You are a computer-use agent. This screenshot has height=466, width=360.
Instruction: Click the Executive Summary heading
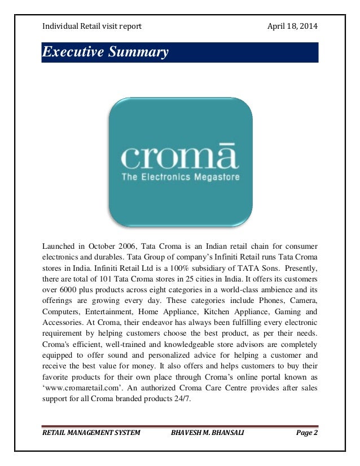(106, 54)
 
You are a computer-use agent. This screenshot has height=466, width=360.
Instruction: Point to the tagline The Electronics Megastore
(180, 177)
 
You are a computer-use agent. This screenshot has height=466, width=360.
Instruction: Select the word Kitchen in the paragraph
(218, 311)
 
